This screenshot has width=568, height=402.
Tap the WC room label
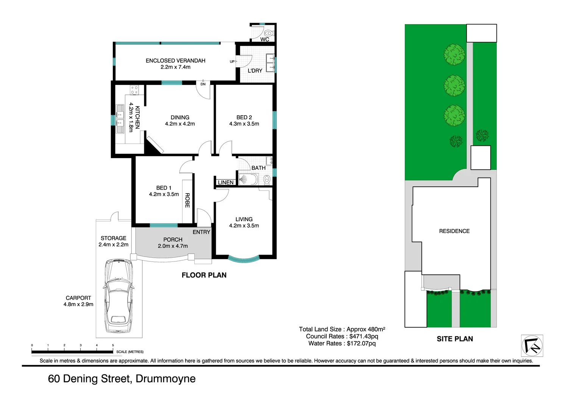pyautogui.click(x=265, y=39)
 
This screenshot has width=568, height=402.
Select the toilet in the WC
pyautogui.click(x=268, y=33)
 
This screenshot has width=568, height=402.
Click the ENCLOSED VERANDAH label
pyautogui.click(x=175, y=61)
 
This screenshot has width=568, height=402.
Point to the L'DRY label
pyautogui.click(x=255, y=71)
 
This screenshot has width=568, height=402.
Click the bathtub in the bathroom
pyautogui.click(x=248, y=179)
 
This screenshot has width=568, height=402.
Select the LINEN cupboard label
pyautogui.click(x=226, y=183)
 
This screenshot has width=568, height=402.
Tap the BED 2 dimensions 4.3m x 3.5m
pyautogui.click(x=244, y=124)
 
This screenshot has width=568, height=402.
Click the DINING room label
pyautogui.click(x=180, y=117)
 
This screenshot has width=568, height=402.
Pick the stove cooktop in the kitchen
pyautogui.click(x=134, y=90)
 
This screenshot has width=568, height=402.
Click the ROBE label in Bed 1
pyautogui.click(x=187, y=200)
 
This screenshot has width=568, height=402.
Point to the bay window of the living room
pyautogui.click(x=244, y=260)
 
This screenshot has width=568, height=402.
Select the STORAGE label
pyautogui.click(x=113, y=238)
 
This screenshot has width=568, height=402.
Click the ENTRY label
pyautogui.click(x=201, y=232)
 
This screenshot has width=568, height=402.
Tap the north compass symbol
pyautogui.click(x=532, y=346)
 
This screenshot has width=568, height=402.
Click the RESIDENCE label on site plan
pyautogui.click(x=454, y=231)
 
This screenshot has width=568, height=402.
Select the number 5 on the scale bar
pyautogui.click(x=113, y=345)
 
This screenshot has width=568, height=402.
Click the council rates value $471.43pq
pyautogui.click(x=364, y=336)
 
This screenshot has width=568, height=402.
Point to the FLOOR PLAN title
pyautogui.click(x=204, y=275)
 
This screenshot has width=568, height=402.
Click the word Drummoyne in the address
pyautogui.click(x=165, y=379)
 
